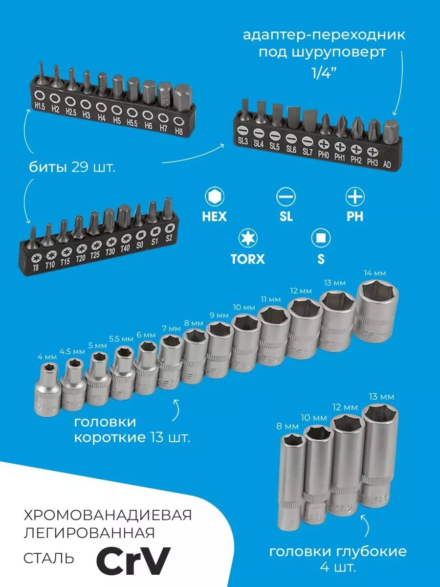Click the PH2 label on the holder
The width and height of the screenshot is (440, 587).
[356, 159]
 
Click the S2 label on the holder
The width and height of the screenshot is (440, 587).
[169, 239]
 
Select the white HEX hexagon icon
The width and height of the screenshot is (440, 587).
[214, 197]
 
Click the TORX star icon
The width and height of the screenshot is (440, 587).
[247, 238]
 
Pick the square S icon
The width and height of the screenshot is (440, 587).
[321, 238]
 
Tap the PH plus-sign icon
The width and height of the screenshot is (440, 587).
[355, 197]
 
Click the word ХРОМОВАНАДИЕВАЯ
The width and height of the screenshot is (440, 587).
[108, 515]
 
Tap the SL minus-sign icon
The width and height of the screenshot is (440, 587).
[286, 197]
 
